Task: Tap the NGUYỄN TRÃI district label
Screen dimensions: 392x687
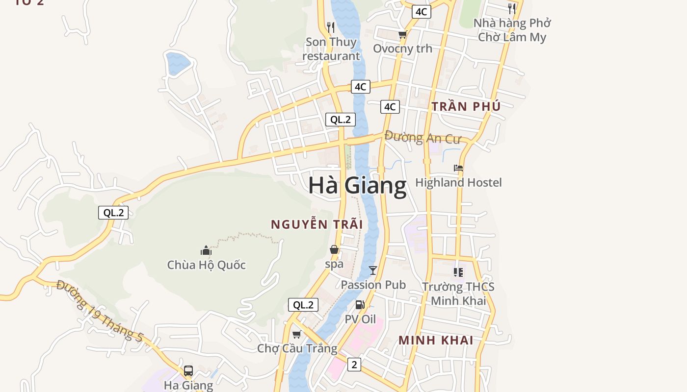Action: tap(317, 224)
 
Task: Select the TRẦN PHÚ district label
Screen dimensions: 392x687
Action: tap(466, 106)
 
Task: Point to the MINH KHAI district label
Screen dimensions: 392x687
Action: tap(436, 340)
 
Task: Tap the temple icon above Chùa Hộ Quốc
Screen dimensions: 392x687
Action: tap(206, 251)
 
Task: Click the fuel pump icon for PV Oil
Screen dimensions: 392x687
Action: tap(360, 305)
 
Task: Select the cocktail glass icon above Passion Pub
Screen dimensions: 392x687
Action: tap(373, 270)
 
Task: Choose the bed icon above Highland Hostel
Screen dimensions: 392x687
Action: tap(458, 168)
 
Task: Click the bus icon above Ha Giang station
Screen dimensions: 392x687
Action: tap(188, 371)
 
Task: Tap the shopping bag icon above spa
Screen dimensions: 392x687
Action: tap(334, 250)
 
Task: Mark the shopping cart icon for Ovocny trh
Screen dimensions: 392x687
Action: tap(403, 34)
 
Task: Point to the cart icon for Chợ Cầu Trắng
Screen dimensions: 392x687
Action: tap(296, 335)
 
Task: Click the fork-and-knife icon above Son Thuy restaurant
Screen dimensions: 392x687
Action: tap(331, 27)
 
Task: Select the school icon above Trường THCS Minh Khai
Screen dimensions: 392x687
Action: tap(458, 272)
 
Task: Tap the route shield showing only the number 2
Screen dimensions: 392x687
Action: tap(354, 364)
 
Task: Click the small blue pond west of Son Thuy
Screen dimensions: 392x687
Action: tap(178, 63)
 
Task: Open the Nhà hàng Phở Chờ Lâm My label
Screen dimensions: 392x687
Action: tap(512, 30)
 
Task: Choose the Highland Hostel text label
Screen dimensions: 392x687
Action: tap(458, 183)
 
